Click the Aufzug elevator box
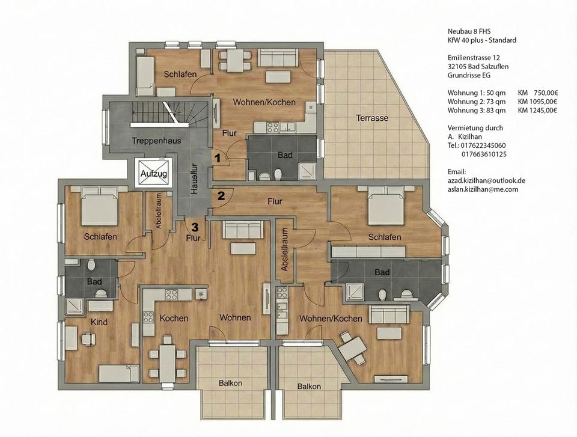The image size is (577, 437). (153, 173)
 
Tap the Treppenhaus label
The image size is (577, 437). (156, 141)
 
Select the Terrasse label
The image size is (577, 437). (372, 118)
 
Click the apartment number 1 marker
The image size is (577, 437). (218, 158)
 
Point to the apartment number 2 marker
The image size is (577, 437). (221, 195)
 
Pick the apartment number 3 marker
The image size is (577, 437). (195, 227)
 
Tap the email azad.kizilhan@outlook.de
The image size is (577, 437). (486, 181)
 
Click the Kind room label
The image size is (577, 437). (99, 322)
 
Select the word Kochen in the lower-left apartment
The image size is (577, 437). (174, 318)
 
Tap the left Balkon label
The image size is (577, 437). (230, 384)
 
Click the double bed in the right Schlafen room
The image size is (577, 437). (386, 206)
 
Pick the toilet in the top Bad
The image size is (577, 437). (278, 174)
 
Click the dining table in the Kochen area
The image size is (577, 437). (168, 364)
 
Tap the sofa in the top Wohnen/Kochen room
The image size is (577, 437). (278, 58)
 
